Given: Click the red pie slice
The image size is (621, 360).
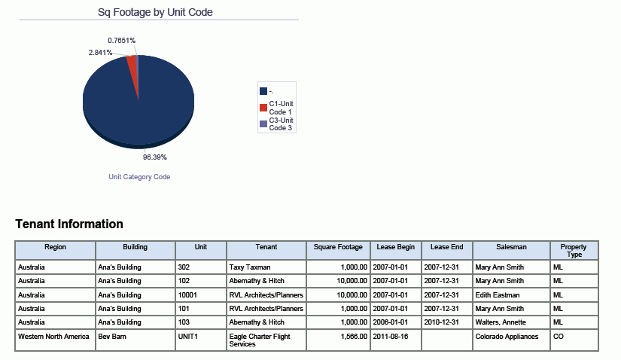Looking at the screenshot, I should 132,66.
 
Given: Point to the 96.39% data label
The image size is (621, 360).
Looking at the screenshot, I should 155,157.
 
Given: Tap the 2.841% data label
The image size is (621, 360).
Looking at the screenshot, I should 100,53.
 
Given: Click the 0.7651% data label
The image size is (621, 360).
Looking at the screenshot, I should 121,40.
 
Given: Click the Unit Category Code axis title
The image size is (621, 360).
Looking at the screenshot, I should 139,177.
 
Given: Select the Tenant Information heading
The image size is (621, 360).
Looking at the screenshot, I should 69,224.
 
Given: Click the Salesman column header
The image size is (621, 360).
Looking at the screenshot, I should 512,246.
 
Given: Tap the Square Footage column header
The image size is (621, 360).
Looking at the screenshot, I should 338,246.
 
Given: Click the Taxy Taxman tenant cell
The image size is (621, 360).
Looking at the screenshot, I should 250,267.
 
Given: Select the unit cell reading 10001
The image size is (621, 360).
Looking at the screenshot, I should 187,294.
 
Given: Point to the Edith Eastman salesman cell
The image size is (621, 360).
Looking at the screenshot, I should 498,294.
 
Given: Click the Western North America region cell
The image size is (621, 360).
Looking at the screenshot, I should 54,337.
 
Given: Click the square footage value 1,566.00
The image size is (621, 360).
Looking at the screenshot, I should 351,337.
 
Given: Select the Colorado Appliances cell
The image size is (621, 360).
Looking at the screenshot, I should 507,337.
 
